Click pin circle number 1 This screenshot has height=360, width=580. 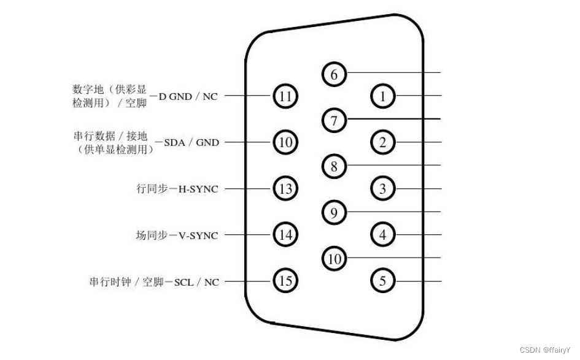(383, 96)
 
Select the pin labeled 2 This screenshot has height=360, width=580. (383, 142)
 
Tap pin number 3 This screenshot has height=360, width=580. (383, 188)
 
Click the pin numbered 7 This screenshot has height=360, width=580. (334, 120)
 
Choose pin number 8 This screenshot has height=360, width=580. (334, 166)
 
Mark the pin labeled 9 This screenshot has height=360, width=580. (334, 212)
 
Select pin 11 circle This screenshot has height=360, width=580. (285, 96)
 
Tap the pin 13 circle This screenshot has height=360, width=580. (285, 188)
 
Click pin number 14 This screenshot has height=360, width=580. (285, 234)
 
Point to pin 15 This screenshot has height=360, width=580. (285, 281)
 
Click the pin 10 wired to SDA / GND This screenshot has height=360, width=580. (285, 142)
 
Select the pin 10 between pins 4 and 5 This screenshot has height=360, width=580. (334, 258)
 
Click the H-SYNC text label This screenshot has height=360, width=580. (198, 189)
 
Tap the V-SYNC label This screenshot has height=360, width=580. (198, 235)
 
